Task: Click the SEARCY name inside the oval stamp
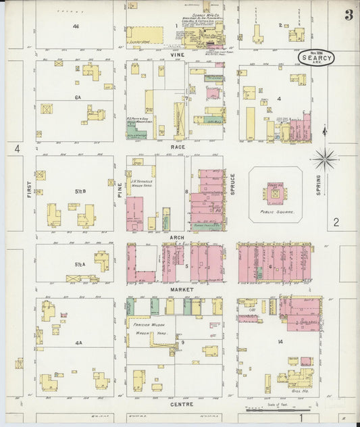[x=317, y=58]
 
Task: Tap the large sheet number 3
[x=348, y=15]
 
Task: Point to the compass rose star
[x=326, y=159]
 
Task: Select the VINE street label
[x=177, y=55]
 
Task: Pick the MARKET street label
[x=182, y=289]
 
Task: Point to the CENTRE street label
[x=182, y=404]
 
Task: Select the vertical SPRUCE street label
[x=232, y=183]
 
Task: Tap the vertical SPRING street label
[x=318, y=184]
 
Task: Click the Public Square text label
[x=274, y=211]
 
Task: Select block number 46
[x=76, y=26]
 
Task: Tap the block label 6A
[x=78, y=97]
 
